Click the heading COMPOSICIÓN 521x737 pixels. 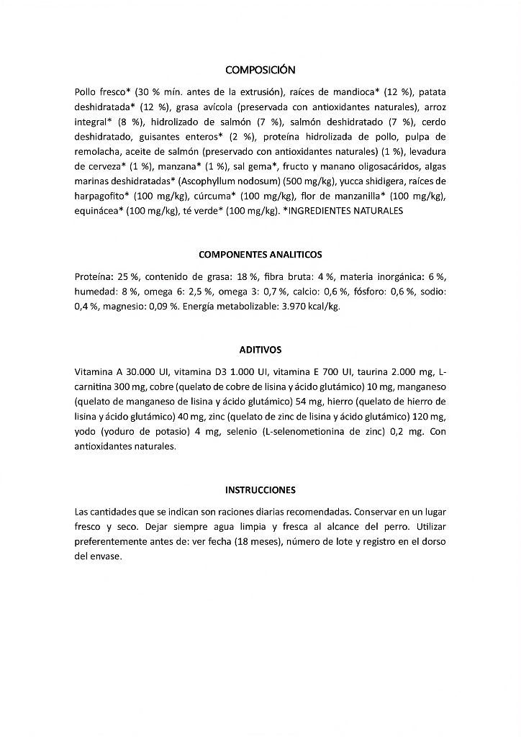[260, 70]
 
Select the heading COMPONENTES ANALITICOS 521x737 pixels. [260, 255]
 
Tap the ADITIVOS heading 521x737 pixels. [260, 350]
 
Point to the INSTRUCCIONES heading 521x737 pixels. [260, 490]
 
